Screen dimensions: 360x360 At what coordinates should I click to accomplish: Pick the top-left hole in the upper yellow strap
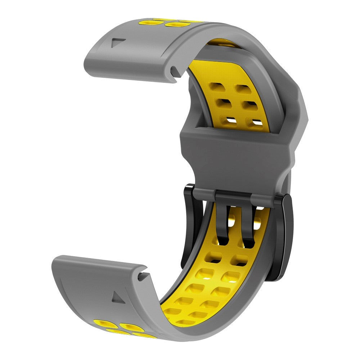(x=217, y=88)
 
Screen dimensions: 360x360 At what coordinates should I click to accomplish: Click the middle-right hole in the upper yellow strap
(x=248, y=105)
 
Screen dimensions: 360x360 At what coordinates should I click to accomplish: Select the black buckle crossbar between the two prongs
(x=235, y=197)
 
